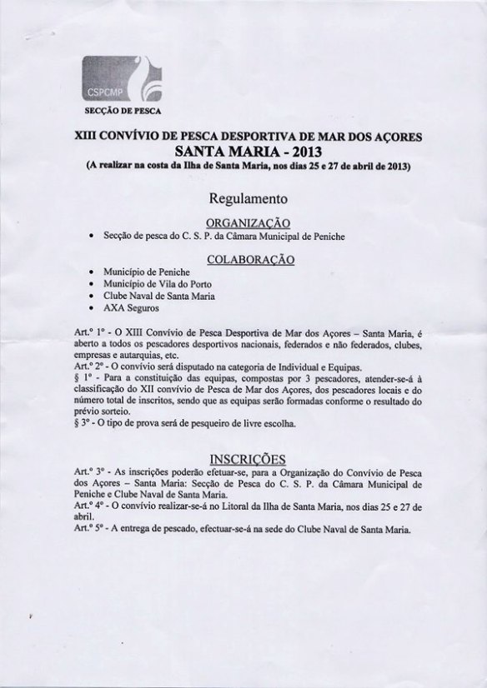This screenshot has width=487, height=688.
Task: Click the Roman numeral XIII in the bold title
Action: click(98, 134)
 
